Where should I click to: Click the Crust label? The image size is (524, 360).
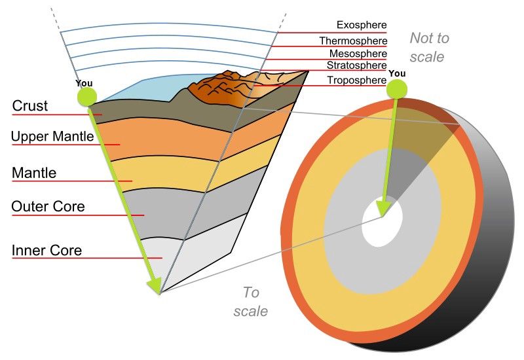pos(30,105)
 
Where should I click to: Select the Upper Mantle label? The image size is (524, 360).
pos(52,136)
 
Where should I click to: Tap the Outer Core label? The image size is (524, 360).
pos(48,206)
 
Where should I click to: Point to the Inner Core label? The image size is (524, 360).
pos(47,250)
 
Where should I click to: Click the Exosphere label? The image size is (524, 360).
pos(362,25)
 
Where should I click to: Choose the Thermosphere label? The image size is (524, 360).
pos(353,41)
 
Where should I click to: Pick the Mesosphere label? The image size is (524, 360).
pos(358,54)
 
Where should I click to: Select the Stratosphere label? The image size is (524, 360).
pos(356,65)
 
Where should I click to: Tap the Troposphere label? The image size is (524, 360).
pos(356,80)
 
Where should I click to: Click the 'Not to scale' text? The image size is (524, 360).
pos(429,47)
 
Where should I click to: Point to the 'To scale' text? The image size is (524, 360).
pos(251,302)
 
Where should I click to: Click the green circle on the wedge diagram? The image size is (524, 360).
pos(87,97)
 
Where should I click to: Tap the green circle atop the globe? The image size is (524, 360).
pos(397,90)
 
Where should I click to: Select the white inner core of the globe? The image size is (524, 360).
pos(381,222)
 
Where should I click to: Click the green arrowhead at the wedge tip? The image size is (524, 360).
pos(155,285)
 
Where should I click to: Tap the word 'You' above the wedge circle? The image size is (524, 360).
pos(84,83)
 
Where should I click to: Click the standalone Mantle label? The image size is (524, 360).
pos(34,173)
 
